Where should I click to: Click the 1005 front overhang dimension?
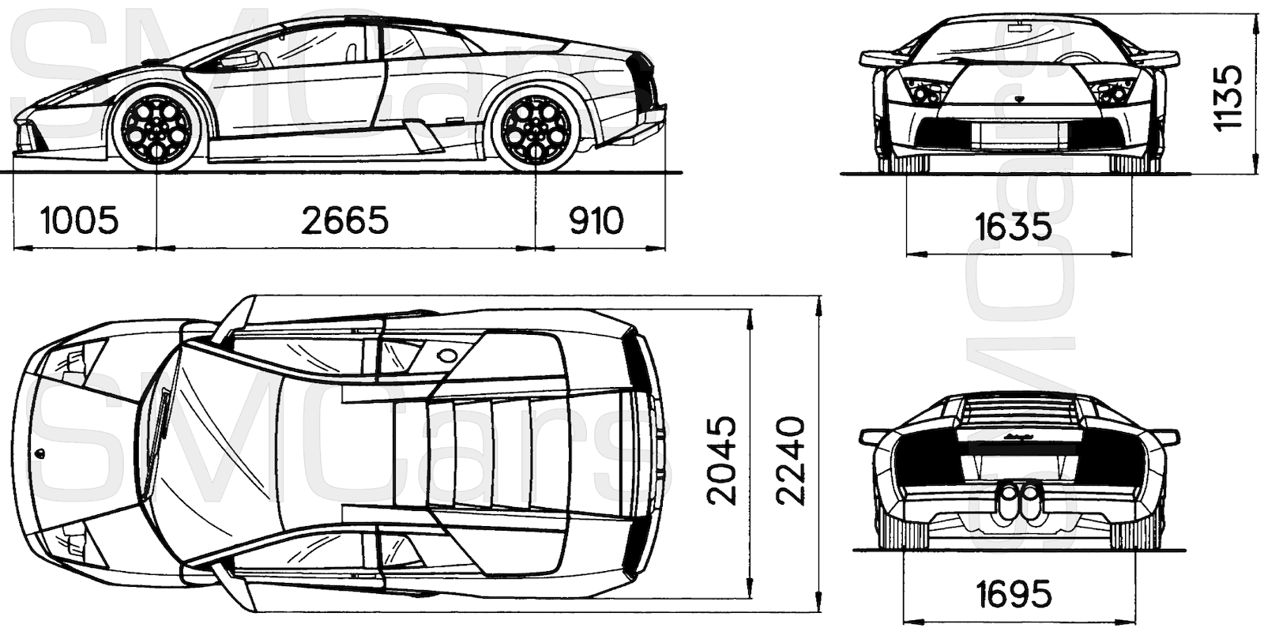coord(79,220)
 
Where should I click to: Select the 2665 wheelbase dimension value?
coord(345,220)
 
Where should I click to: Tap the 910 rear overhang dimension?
coord(596,220)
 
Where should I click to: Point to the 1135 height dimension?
coord(1229,97)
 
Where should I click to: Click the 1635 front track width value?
coord(1014,227)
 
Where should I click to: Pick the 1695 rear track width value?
coord(1014,593)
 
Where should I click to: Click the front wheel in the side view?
coord(159,130)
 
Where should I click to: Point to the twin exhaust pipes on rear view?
coord(1020,501)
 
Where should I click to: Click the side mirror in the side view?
coord(241,59)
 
